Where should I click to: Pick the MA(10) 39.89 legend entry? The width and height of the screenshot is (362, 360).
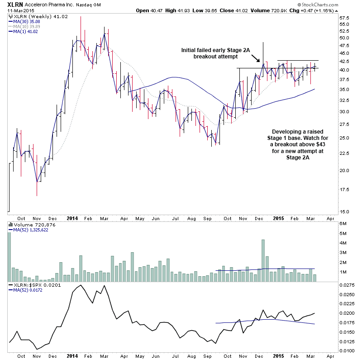coord(27,26)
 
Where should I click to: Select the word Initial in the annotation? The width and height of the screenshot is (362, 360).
coord(190,50)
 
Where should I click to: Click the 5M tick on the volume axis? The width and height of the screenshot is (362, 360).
coord(344,224)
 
